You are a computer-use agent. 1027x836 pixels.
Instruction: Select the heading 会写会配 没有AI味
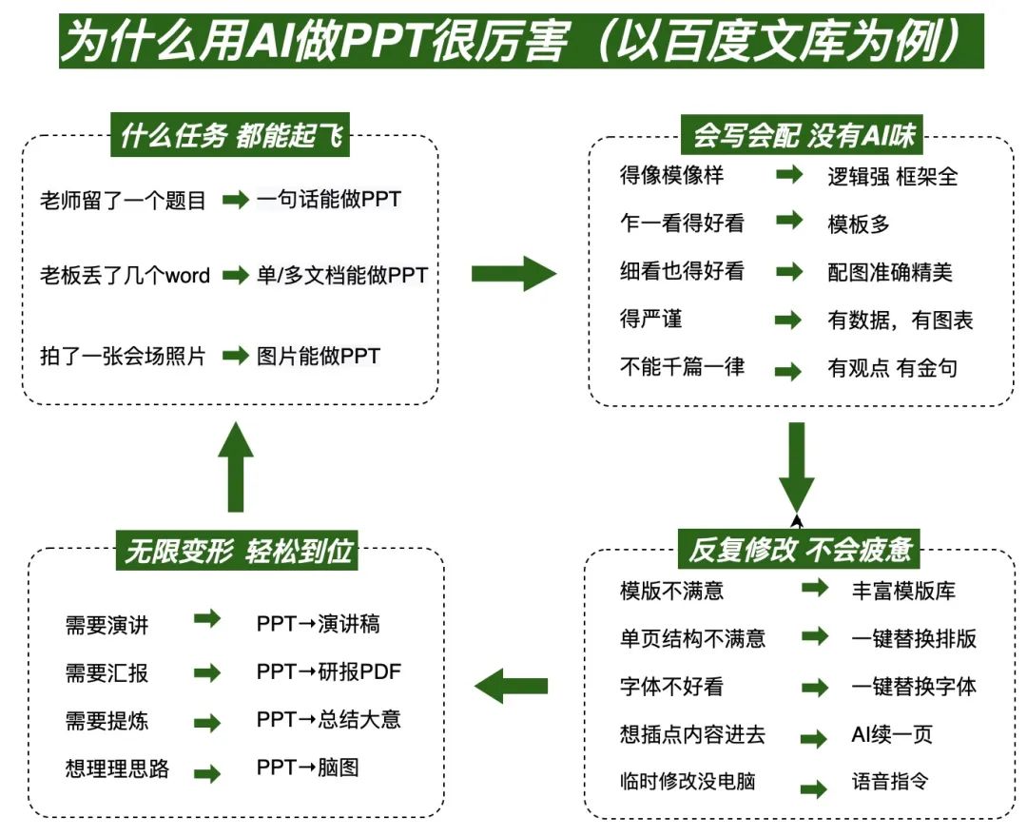point(804,135)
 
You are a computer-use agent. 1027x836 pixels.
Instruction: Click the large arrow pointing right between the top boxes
point(513,274)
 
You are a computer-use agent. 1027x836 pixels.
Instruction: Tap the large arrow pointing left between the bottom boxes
point(512,685)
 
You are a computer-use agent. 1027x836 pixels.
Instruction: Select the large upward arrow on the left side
point(236,465)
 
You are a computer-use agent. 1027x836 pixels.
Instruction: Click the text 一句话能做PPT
point(329,200)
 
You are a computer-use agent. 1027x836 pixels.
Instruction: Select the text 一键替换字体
point(913,686)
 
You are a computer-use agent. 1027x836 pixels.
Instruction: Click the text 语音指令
point(889,782)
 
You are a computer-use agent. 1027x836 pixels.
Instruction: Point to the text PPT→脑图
point(307,767)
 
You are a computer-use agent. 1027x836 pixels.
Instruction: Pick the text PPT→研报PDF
point(328,671)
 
